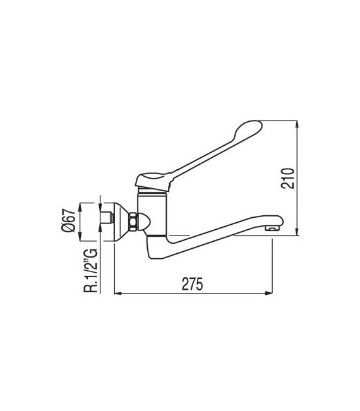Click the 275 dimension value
(x=193, y=284)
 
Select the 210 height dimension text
(x=288, y=178)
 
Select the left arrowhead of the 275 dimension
(x=117, y=294)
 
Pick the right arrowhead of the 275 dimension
(x=270, y=294)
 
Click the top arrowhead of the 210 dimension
(x=297, y=124)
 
